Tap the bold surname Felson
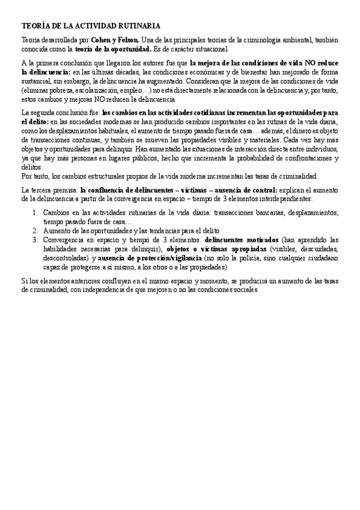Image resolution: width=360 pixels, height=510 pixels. coord(125,39)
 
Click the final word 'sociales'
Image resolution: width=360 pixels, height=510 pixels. coord(243,289)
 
